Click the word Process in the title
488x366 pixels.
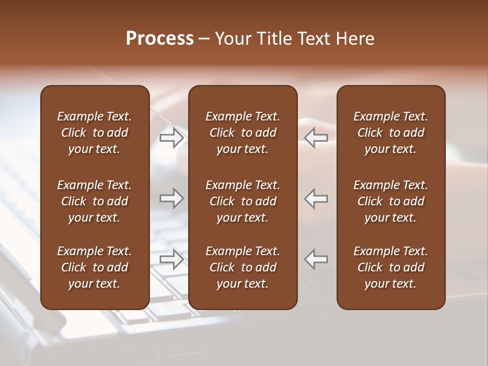click(x=160, y=39)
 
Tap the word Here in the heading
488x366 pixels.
click(x=355, y=39)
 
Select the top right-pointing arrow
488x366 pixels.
click(x=171, y=137)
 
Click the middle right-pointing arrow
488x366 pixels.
click(x=171, y=198)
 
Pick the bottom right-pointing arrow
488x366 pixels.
click(x=171, y=259)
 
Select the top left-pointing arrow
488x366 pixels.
click(x=316, y=137)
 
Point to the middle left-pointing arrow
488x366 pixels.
click(x=316, y=198)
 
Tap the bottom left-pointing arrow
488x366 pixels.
click(x=316, y=259)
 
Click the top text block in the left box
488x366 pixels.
click(x=95, y=133)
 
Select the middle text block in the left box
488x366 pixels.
click(x=95, y=201)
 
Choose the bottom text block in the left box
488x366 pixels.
click(x=95, y=267)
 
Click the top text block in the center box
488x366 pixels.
click(x=242, y=133)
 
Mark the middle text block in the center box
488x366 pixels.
click(x=242, y=201)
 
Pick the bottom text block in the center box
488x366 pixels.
click(x=242, y=267)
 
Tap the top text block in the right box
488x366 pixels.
click(x=390, y=133)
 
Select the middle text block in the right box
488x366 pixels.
click(x=390, y=201)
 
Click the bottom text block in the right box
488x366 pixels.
click(x=390, y=267)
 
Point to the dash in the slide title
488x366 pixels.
click(x=204, y=39)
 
